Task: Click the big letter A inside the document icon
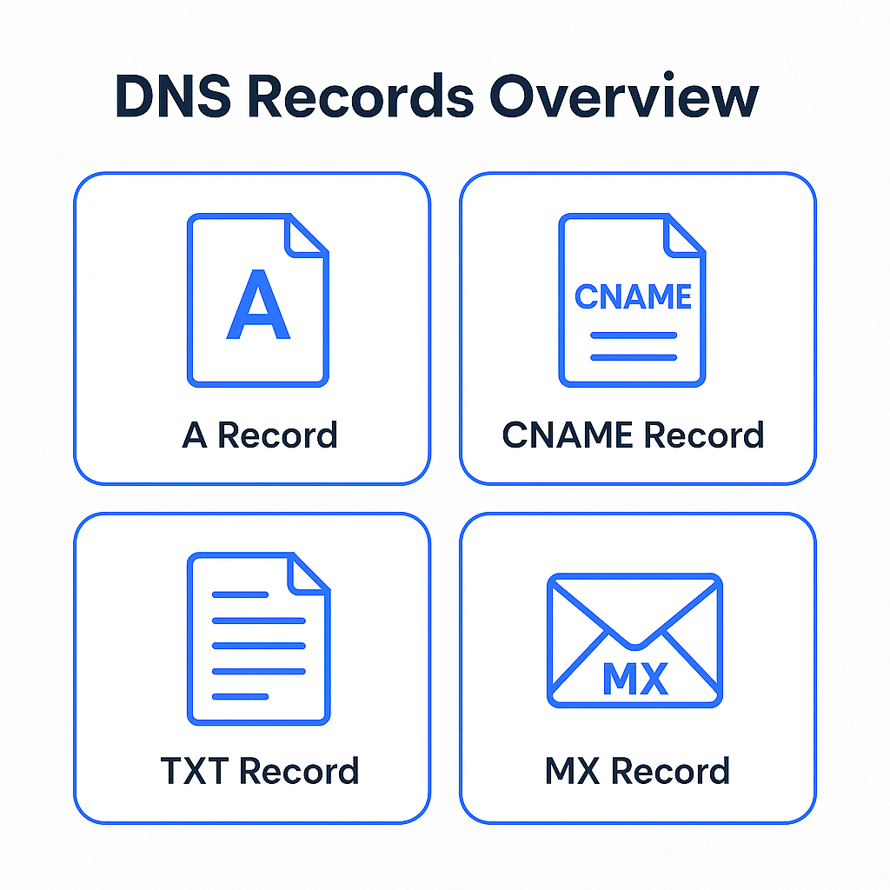(x=257, y=306)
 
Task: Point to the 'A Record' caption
(x=259, y=435)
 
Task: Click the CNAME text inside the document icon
(x=633, y=296)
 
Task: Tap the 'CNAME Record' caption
(x=633, y=435)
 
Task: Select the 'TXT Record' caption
(x=259, y=771)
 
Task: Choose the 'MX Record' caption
(x=637, y=771)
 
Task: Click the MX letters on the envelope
(x=634, y=678)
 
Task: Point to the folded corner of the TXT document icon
(x=307, y=575)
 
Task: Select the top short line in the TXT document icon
(x=240, y=594)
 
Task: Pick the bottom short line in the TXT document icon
(x=240, y=696)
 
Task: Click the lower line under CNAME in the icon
(x=633, y=357)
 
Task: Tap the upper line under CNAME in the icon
(x=633, y=335)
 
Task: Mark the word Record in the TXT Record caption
(x=298, y=771)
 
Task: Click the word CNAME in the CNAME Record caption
(x=568, y=435)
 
